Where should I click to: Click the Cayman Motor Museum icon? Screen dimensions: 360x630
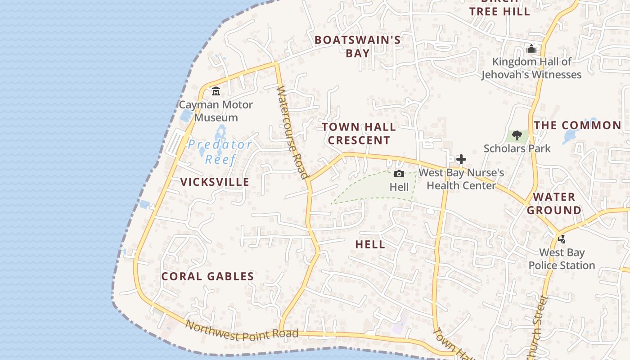pyautogui.click(x=216, y=91)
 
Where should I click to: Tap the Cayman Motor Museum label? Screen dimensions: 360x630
pyautogui.click(x=216, y=111)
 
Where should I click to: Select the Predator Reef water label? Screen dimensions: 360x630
pyautogui.click(x=220, y=152)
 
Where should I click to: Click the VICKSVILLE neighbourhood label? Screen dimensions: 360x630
pyautogui.click(x=215, y=182)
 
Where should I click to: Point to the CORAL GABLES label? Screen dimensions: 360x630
pyautogui.click(x=207, y=276)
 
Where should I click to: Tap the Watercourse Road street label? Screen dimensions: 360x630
pyautogui.click(x=293, y=133)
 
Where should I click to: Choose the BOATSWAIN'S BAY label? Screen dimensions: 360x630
pyautogui.click(x=358, y=46)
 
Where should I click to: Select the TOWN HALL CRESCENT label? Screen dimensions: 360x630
pyautogui.click(x=359, y=134)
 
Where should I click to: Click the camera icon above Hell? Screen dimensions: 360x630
pyautogui.click(x=399, y=174)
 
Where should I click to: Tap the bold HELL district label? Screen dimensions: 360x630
pyautogui.click(x=370, y=245)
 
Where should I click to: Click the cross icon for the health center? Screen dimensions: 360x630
pyautogui.click(x=461, y=159)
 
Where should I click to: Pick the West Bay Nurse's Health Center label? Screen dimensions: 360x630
pyautogui.click(x=461, y=179)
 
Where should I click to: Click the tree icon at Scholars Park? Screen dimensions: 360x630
pyautogui.click(x=517, y=135)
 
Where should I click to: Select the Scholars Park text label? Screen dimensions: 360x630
pyautogui.click(x=517, y=148)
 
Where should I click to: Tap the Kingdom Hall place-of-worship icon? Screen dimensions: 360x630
pyautogui.click(x=531, y=49)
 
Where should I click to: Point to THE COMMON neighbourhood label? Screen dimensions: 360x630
pyautogui.click(x=578, y=125)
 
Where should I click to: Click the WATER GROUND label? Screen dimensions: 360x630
pyautogui.click(x=554, y=203)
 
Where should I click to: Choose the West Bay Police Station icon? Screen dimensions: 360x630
pyautogui.click(x=562, y=239)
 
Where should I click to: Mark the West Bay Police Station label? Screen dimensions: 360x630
pyautogui.click(x=562, y=259)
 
